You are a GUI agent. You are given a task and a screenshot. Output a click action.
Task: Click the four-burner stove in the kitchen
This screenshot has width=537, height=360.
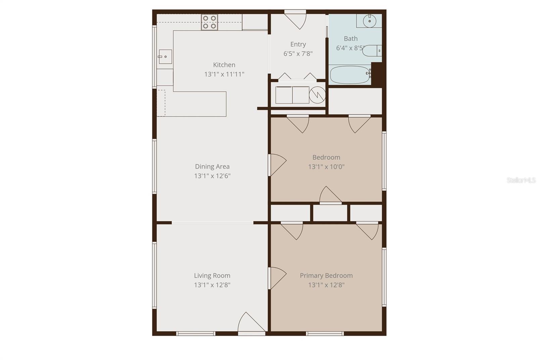coord(209,22)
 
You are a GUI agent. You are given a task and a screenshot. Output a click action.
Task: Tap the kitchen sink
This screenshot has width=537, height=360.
coord(165,56)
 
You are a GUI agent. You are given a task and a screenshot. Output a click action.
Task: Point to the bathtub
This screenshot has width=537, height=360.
coord(350,75)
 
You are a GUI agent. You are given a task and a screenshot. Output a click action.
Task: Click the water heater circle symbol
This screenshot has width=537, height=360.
coord(317,95)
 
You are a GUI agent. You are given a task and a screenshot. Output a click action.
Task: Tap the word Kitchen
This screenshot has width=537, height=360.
coord(224,65)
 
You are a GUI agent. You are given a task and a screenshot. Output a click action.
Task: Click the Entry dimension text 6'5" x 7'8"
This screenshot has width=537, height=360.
coord(298,53)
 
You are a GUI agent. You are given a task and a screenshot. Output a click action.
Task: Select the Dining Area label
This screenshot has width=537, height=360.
coord(212,166)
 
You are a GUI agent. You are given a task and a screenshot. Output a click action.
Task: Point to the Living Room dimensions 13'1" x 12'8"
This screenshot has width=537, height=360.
coord(212,285)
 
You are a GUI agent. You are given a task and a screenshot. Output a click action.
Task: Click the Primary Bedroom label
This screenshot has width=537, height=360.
coord(326,275)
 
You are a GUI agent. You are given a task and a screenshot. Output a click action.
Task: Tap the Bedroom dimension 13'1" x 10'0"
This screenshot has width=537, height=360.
coord(326,167)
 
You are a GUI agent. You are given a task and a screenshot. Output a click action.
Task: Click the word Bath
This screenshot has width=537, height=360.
coord(351,39)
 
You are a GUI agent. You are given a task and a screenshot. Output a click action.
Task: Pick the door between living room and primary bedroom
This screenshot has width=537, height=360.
coord(277,278)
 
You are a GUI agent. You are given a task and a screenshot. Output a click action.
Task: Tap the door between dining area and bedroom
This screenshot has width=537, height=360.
coord(277,165)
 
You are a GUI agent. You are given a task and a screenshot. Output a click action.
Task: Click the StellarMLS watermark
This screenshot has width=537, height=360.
coord(521,180)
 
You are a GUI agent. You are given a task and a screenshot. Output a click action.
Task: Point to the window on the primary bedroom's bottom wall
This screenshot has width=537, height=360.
coord(325,333)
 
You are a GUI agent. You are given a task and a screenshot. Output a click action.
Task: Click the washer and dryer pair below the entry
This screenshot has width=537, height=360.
coord(292,95)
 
